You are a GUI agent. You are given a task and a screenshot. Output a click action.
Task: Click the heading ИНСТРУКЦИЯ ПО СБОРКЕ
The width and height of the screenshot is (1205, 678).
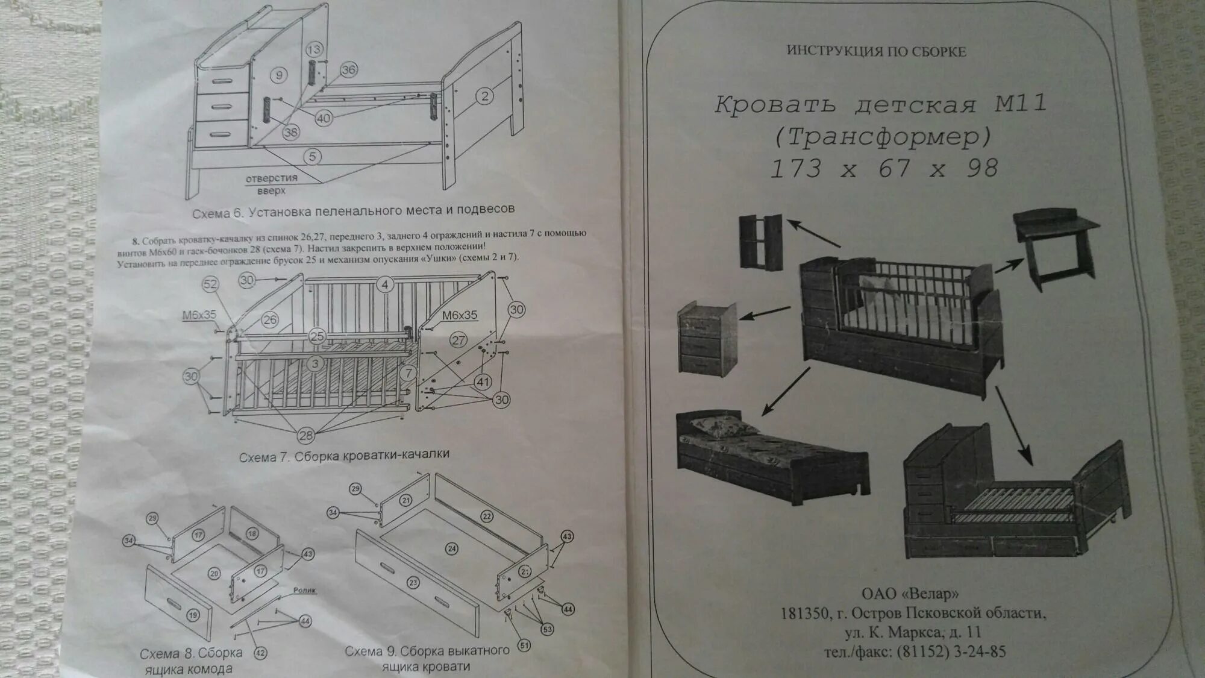[876, 51]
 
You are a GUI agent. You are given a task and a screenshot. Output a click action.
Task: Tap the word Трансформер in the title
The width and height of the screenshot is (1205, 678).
[883, 137]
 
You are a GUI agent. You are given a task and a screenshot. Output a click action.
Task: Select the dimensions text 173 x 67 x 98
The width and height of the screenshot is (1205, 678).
[884, 168]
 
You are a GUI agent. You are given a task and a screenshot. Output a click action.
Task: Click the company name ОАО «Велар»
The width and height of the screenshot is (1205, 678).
[909, 594]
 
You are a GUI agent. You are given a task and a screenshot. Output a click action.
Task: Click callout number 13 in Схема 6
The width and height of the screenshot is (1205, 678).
[315, 49]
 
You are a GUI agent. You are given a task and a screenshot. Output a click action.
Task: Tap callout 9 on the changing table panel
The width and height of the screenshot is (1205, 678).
[278, 75]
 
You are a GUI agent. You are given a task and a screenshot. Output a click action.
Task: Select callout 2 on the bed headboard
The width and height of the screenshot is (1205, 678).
[485, 95]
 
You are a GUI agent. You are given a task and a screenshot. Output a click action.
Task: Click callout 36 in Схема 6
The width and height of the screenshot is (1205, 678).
[349, 70]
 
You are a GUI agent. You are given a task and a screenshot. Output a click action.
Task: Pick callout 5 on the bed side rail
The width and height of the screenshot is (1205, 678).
[312, 157]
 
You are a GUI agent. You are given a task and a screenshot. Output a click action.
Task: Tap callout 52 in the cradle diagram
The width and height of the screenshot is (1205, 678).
[210, 284]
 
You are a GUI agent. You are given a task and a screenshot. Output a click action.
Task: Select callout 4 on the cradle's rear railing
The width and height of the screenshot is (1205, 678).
[385, 284]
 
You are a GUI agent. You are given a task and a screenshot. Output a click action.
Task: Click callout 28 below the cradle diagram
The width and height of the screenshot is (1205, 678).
[306, 435]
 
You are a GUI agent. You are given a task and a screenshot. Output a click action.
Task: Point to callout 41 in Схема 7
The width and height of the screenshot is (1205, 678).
[483, 381]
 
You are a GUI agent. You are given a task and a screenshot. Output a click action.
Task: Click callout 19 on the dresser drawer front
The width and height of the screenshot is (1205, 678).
[192, 615]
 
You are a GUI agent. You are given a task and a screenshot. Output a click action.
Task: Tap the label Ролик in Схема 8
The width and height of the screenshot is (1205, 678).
[305, 590]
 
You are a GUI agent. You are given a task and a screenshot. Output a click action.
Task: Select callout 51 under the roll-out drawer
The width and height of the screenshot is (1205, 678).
[524, 645]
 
